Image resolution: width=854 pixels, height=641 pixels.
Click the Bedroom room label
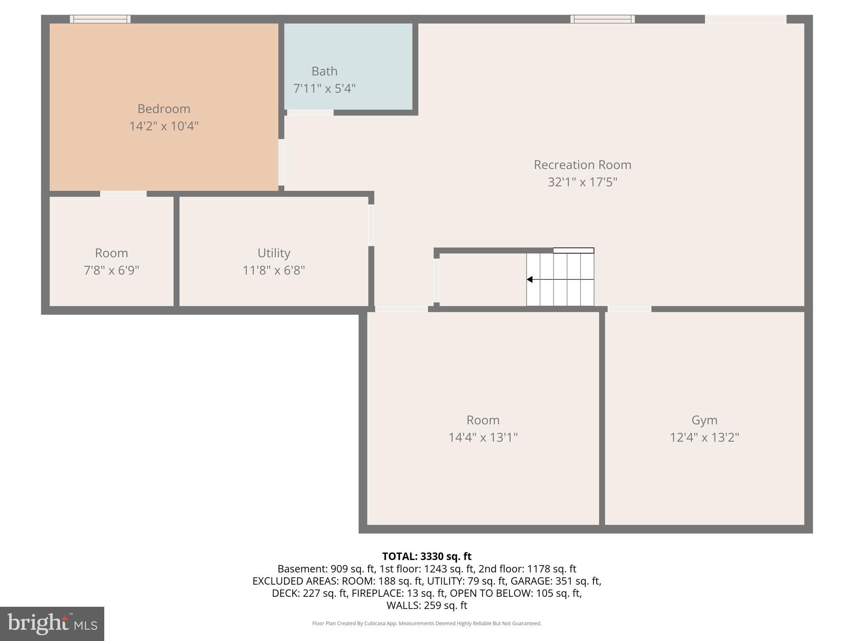click(x=164, y=109)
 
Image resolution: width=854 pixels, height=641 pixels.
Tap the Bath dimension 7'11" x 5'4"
click(x=324, y=88)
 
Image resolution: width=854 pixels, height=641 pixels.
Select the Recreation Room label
click(x=583, y=165)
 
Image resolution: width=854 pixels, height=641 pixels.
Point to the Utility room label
click(x=274, y=253)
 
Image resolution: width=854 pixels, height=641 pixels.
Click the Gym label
click(x=704, y=420)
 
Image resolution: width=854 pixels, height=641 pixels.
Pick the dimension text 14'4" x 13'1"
click(x=483, y=437)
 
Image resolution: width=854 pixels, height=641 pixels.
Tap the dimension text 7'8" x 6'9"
click(x=111, y=270)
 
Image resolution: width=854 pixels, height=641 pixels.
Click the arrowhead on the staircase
click(x=530, y=279)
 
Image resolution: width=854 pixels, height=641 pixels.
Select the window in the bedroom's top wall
click(x=100, y=19)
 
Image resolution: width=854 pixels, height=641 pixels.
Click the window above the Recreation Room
click(x=603, y=19)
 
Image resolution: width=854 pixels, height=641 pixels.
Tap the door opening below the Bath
click(x=310, y=112)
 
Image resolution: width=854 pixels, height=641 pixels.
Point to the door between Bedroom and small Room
click(x=123, y=194)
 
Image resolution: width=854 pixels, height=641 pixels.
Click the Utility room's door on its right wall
click(x=371, y=225)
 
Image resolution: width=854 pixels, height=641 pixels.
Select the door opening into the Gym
click(x=629, y=309)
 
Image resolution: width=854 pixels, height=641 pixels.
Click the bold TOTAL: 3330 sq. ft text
click(x=427, y=556)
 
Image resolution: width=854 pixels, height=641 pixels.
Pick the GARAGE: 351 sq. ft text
click(x=555, y=581)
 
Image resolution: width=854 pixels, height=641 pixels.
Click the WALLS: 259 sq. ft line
click(x=427, y=605)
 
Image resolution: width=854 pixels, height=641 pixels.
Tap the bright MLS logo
click(x=52, y=623)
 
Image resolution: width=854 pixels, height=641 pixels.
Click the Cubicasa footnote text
click(x=427, y=623)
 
